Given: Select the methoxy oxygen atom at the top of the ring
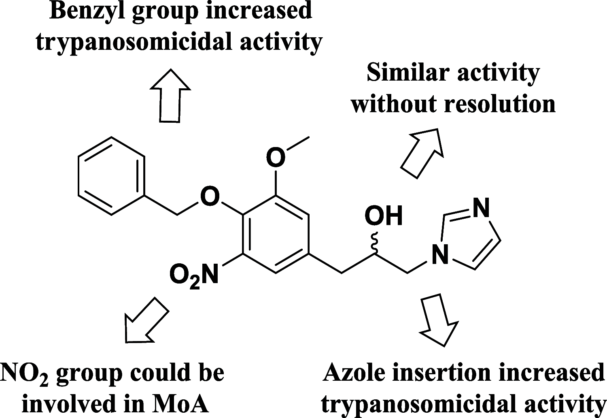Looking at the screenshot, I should [276, 158].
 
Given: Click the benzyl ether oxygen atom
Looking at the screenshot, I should [210, 197].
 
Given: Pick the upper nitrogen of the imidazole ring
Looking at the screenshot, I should [481, 208].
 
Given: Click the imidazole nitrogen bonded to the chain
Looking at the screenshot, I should [440, 255].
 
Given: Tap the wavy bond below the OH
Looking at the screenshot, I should [375, 244].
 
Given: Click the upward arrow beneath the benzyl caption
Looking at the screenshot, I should [170, 95].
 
